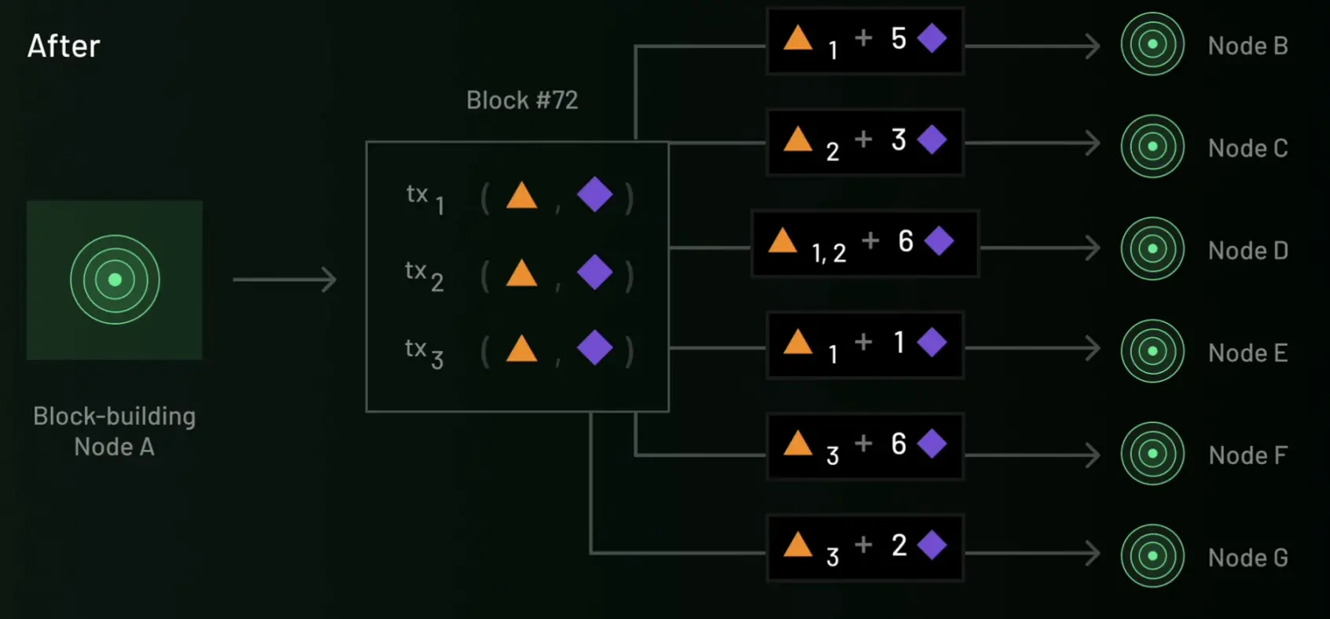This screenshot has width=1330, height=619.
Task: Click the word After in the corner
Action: (x=64, y=46)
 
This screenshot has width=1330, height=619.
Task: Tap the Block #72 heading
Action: (x=522, y=101)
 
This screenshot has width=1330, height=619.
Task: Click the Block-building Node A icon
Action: (x=115, y=280)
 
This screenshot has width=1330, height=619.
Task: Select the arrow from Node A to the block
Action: (x=285, y=280)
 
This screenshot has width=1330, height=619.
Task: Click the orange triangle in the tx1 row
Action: (x=522, y=196)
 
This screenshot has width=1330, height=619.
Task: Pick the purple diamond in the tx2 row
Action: (x=595, y=272)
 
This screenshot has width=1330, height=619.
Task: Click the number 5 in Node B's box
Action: (x=898, y=38)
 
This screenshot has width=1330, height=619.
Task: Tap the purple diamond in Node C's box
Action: (x=932, y=140)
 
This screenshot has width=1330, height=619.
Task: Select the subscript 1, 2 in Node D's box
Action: (x=828, y=253)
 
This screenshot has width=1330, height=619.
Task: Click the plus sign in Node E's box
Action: (x=863, y=342)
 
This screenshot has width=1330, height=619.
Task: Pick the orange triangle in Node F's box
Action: (x=798, y=444)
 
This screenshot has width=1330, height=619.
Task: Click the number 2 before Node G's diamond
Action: (x=899, y=545)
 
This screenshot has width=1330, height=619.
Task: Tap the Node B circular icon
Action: (x=1152, y=44)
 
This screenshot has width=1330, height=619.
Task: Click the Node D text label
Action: (x=1247, y=251)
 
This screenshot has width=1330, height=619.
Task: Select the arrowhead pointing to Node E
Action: (x=1093, y=348)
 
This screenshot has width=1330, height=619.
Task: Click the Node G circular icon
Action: (x=1152, y=556)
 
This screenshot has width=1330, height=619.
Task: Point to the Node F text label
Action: (x=1247, y=455)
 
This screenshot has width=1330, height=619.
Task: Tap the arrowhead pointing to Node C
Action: (x=1093, y=143)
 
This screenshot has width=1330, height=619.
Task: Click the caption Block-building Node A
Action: (x=115, y=431)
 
